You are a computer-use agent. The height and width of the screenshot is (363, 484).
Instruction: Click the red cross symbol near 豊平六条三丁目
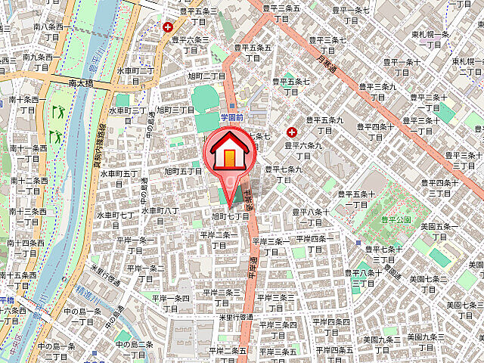pos(167,28)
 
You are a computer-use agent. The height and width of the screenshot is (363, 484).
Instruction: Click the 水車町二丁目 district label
pos(135,75)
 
